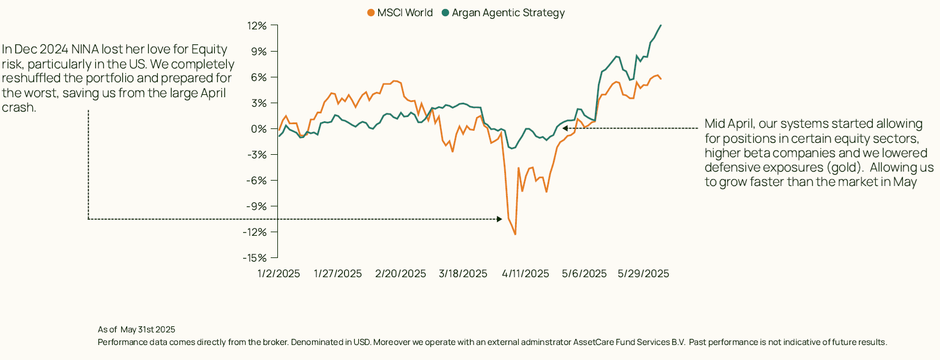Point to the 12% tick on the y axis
259,26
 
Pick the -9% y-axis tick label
258,206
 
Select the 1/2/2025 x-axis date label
279,274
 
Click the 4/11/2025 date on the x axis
525,274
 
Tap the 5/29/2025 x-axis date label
643,274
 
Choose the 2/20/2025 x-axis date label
400,274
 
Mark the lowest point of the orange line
515,234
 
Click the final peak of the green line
661,25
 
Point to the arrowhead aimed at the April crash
499,219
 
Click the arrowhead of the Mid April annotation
565,128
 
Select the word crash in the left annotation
19,107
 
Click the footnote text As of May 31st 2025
136,329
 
